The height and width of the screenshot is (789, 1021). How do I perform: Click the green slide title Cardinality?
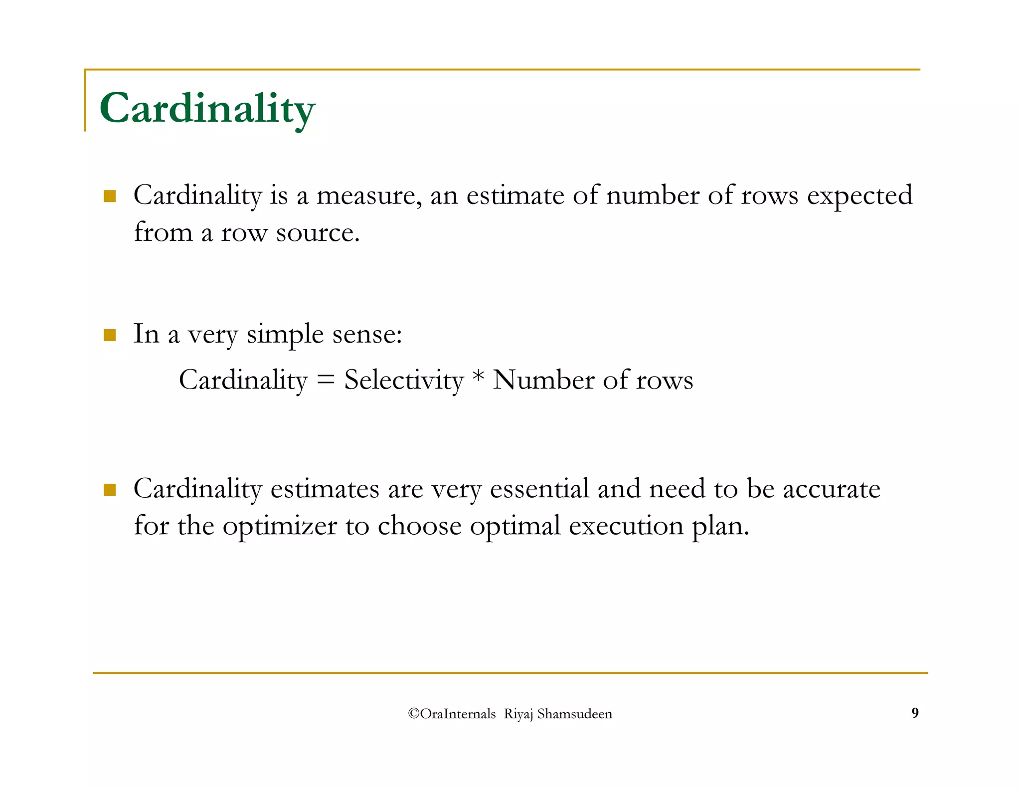[207, 108]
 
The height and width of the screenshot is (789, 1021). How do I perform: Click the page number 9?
[915, 713]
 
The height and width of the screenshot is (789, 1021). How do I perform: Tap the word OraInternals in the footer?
[458, 714]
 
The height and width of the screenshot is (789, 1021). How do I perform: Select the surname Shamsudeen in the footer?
[574, 714]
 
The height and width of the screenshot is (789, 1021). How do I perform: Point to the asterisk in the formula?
[478, 378]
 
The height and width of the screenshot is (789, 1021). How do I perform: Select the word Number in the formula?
[543, 380]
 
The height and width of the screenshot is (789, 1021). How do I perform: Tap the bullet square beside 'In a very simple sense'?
[110, 335]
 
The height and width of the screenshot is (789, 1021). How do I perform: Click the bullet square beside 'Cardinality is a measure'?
[110, 196]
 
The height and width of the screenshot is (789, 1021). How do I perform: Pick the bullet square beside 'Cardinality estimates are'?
[110, 490]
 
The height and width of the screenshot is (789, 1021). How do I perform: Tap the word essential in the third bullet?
[539, 489]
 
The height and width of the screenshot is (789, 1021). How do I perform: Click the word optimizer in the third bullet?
[280, 527]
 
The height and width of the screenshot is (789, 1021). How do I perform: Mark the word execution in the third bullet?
[626, 526]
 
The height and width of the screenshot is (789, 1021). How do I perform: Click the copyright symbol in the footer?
[413, 714]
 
